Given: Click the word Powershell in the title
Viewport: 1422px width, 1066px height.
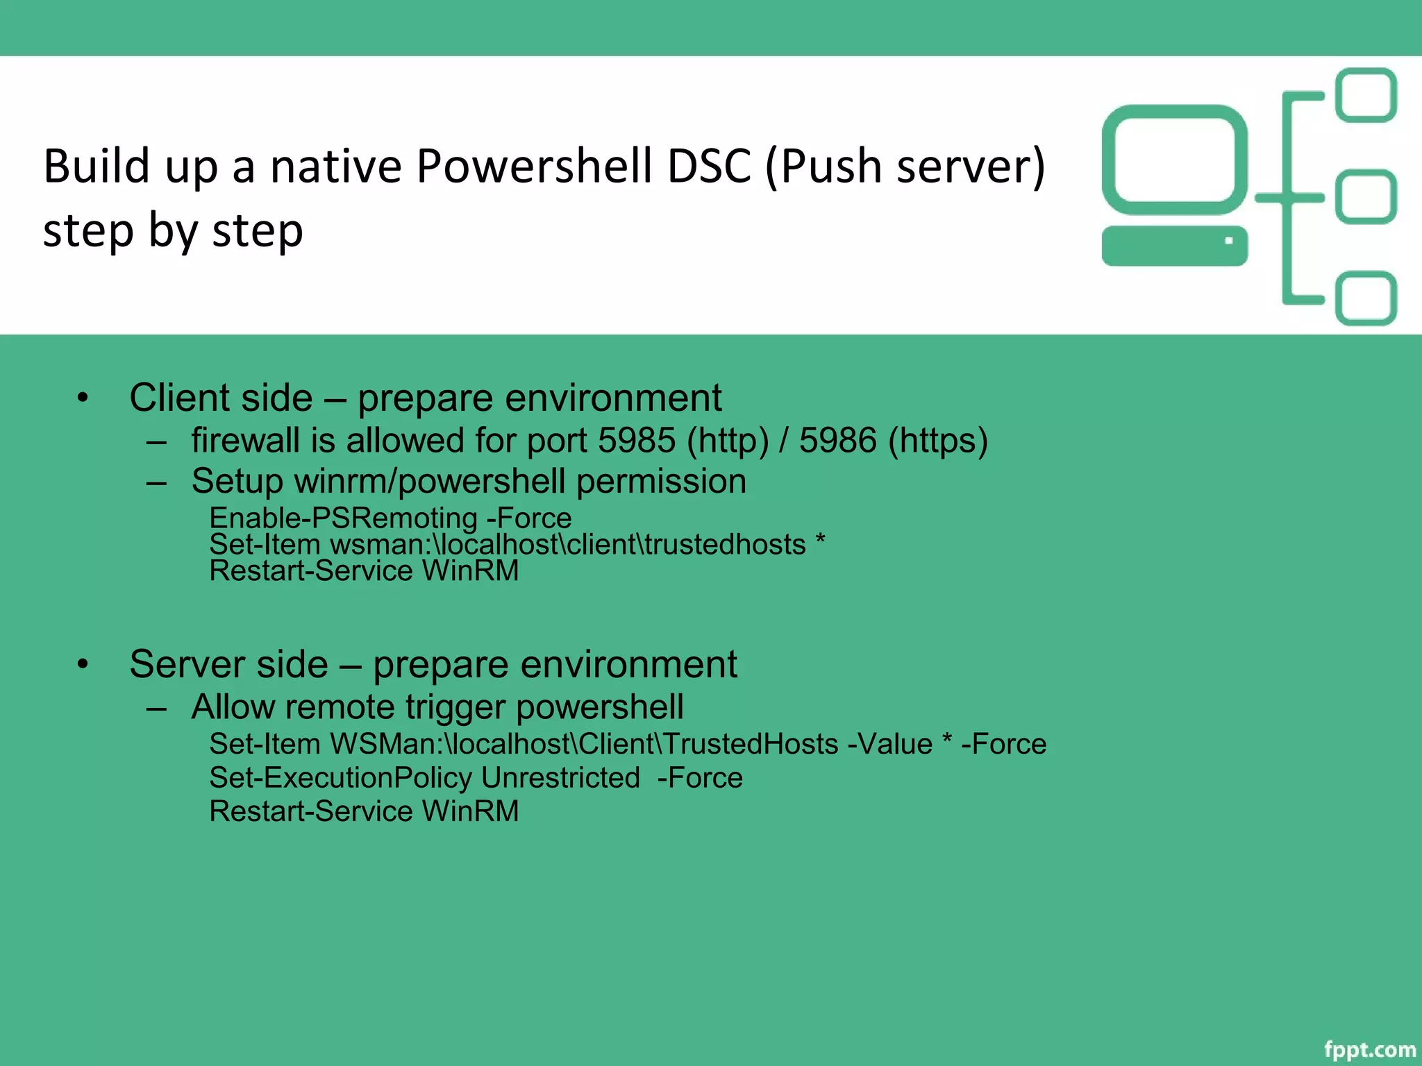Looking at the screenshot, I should point(533,167).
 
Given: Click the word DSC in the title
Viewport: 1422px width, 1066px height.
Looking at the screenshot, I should point(708,167).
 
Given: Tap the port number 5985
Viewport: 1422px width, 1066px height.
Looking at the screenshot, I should point(636,441).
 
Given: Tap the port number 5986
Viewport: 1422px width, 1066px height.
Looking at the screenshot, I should point(837,441).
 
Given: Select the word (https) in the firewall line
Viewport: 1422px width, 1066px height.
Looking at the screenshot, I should point(937,441).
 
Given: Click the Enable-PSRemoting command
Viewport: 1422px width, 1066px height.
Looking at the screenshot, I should point(343,518).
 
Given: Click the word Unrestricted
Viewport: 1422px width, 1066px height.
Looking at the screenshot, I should point(560,778).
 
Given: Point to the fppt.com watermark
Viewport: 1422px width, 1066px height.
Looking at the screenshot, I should point(1369,1049).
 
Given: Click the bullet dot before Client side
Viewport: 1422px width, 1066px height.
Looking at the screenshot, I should point(83,398).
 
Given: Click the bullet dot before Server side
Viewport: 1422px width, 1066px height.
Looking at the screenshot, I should point(83,664).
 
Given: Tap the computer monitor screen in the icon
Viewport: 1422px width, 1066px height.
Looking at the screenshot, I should point(1173,160).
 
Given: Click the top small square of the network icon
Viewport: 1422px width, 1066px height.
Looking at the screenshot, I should point(1366,95).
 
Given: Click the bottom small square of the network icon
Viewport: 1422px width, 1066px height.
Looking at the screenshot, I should point(1366,298).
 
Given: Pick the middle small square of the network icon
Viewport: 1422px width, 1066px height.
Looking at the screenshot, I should point(1366,197).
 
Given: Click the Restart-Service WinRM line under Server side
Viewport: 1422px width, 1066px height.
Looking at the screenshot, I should point(364,811).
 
